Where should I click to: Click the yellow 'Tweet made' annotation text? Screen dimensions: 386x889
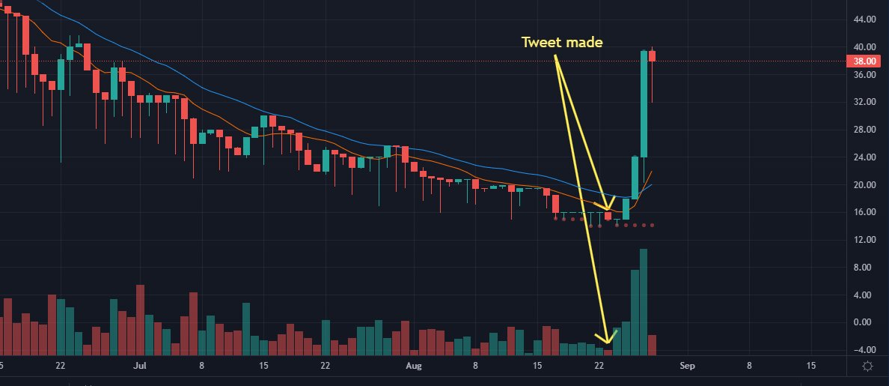[562, 43]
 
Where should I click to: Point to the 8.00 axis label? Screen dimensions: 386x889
[867, 268]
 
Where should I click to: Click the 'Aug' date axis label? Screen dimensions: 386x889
[414, 367]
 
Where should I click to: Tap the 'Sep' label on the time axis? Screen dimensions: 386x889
[687, 367]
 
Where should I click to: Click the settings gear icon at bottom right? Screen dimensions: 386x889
[867, 367]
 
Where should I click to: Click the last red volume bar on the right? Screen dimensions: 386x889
[653, 345]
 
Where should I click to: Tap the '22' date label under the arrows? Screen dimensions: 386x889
[599, 367]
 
